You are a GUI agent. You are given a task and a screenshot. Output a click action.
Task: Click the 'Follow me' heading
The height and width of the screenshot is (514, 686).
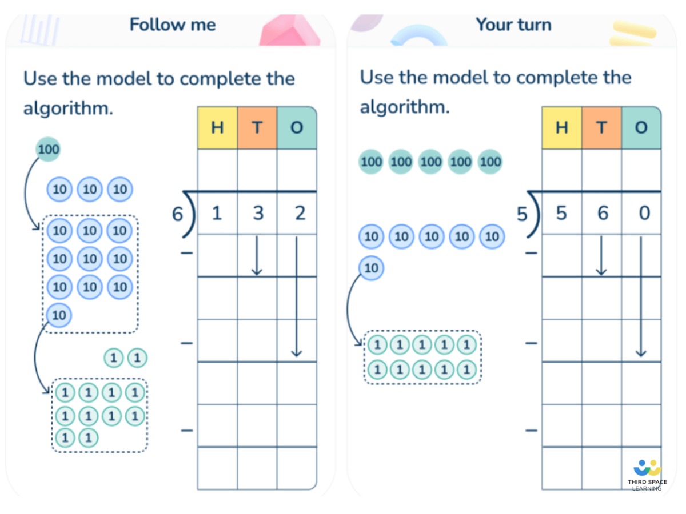(173, 25)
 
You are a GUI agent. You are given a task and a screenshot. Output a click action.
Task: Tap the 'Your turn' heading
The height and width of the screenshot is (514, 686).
(513, 25)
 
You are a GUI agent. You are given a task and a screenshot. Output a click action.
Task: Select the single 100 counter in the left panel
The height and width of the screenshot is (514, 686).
(48, 150)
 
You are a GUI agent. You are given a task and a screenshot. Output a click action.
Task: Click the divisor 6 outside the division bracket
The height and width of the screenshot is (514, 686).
(178, 214)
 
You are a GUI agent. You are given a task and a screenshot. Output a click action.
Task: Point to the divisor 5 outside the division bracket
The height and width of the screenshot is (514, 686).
(521, 214)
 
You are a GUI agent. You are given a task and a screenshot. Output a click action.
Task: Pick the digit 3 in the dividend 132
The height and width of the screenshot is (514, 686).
(258, 213)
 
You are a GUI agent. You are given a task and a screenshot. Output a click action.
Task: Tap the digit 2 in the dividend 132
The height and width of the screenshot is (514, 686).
(300, 213)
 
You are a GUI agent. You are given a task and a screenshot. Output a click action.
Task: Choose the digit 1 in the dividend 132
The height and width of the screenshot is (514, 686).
(217, 213)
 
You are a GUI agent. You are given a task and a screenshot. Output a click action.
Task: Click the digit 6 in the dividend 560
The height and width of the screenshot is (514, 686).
(602, 213)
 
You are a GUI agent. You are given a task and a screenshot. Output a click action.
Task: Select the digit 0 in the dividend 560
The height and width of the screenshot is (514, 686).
(644, 213)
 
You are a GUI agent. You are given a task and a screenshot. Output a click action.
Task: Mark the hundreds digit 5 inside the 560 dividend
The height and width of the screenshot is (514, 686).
(561, 213)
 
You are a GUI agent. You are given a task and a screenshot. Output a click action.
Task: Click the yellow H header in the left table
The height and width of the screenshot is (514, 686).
(217, 128)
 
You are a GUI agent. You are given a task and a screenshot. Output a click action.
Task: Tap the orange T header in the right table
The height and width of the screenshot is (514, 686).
(601, 128)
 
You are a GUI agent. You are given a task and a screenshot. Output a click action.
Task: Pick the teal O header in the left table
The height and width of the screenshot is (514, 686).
(296, 128)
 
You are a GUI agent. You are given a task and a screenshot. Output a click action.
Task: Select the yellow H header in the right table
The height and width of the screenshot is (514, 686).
(561, 128)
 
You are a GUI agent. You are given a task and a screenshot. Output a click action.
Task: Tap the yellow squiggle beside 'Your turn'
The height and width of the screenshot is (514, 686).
(633, 33)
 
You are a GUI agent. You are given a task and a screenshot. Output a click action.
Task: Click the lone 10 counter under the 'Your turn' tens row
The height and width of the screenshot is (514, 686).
(371, 268)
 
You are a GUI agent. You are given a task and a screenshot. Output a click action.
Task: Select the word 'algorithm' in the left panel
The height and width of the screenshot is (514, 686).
(67, 108)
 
